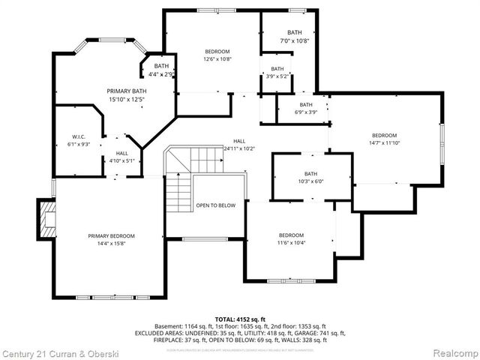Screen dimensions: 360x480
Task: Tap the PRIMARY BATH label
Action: pyautogui.click(x=126, y=90)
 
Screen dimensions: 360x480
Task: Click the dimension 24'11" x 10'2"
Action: pyautogui.click(x=239, y=148)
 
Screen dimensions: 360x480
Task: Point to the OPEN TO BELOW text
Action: pyautogui.click(x=215, y=205)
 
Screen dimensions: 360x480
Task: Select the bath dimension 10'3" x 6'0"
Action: pyautogui.click(x=311, y=181)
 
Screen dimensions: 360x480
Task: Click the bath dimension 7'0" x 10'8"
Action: pyautogui.click(x=293, y=41)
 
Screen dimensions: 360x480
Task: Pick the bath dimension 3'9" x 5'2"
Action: pyautogui.click(x=277, y=76)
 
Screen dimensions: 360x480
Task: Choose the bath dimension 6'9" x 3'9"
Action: pyautogui.click(x=306, y=112)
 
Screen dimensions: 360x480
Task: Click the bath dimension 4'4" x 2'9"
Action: pyautogui.click(x=162, y=74)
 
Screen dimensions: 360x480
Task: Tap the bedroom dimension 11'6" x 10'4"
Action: pyautogui.click(x=292, y=242)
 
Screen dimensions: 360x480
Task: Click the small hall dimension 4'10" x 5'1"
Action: pyautogui.click(x=122, y=160)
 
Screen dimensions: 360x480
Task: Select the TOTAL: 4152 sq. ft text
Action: pyautogui.click(x=240, y=319)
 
